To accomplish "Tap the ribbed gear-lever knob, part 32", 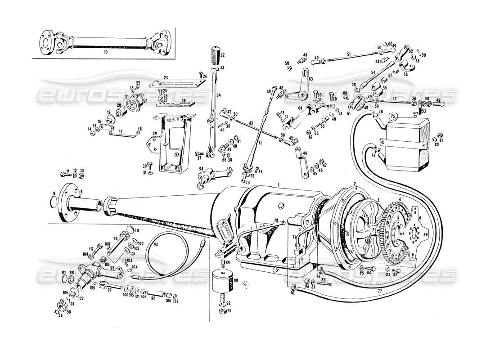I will point(213,56).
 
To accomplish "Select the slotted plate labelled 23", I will point(174,84).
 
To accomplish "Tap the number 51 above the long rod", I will point(348,54).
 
